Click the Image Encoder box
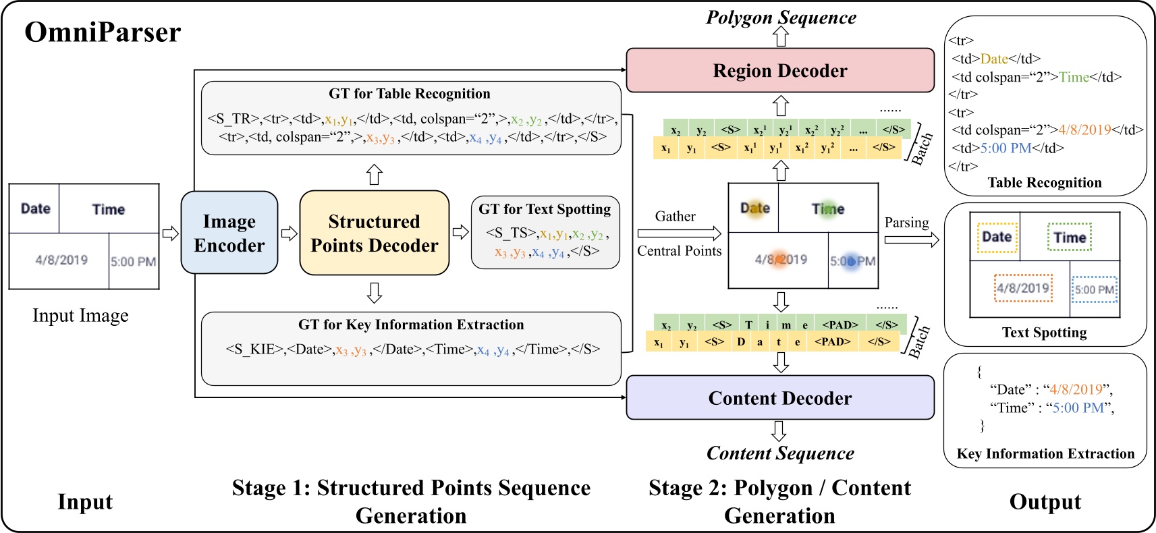[x=229, y=233]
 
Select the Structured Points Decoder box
[x=374, y=233]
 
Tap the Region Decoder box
[x=780, y=71]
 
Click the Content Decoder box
[x=780, y=398]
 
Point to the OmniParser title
[x=103, y=32]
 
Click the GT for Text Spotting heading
[x=545, y=209]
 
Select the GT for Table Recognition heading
[x=410, y=94]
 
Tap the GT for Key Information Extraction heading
[x=411, y=325]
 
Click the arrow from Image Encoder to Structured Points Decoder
[x=289, y=233]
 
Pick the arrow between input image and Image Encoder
[x=170, y=233]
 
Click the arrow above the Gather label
[x=679, y=233]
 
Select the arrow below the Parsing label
[x=911, y=240]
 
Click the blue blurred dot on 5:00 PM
[x=852, y=261]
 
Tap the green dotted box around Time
[x=1070, y=237]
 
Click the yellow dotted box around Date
[x=997, y=237]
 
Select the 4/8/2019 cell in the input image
[x=61, y=260]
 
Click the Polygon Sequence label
[x=781, y=18]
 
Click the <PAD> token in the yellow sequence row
[x=832, y=341]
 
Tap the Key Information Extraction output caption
[x=1045, y=454]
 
